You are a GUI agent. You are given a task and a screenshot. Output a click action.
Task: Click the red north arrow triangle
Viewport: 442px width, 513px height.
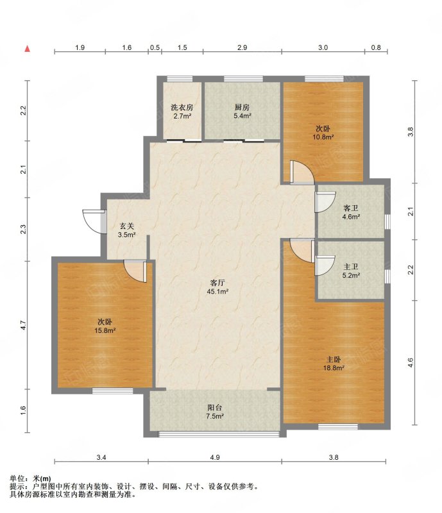pos(28,49)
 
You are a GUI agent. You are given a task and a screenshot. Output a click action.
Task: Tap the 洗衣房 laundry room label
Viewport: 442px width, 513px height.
pos(182,107)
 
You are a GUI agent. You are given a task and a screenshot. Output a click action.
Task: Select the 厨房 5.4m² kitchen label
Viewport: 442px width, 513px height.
pos(242,111)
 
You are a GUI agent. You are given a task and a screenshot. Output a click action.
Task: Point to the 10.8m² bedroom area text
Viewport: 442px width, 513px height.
pos(323,137)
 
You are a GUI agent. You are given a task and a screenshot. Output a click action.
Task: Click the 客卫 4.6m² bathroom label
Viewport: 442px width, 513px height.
pos(351,212)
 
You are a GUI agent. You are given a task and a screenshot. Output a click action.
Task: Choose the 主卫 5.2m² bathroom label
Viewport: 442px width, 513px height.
pos(351,271)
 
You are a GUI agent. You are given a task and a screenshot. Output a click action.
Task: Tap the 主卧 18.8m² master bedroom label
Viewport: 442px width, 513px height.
pos(334,364)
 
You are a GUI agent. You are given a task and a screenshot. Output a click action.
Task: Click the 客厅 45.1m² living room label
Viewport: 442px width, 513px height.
pos(217,287)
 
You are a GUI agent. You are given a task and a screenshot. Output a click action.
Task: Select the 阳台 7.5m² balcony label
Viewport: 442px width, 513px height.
pos(215,412)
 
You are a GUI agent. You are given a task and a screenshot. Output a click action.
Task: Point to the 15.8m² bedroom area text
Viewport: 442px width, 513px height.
pos(105,330)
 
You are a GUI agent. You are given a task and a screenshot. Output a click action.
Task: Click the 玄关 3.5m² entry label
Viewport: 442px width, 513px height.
pos(127,230)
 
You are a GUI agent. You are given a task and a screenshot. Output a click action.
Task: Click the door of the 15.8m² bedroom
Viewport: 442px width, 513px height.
pos(135,271)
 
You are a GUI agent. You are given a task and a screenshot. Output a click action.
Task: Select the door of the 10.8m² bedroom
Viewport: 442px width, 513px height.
pos(302,172)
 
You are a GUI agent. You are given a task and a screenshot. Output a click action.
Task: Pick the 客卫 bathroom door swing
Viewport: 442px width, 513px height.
pos(325,202)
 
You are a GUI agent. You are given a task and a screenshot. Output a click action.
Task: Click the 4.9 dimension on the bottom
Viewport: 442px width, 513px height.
pos(215,457)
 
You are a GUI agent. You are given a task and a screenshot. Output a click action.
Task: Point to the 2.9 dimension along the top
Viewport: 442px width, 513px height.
pos(242,47)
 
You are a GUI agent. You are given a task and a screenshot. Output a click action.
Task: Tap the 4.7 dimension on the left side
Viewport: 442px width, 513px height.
pos(22,325)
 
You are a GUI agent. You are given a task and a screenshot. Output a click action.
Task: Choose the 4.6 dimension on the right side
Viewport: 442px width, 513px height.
pos(411,362)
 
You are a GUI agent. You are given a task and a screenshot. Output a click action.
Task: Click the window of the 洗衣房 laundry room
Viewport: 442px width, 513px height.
pos(180,78)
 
